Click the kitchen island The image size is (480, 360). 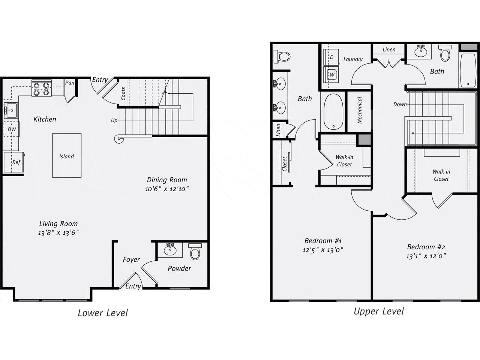click(67, 156)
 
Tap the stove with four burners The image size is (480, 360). click(41, 88)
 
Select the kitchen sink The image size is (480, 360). click(10, 110)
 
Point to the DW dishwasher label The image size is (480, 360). click(12, 129)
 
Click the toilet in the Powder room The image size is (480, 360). click(195, 252)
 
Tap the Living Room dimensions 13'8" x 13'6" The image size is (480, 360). click(59, 233)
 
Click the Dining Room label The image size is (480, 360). click(167, 180)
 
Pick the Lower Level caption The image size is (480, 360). click(103, 313)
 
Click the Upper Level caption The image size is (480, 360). click(379, 311)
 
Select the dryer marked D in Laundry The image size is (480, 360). click(331, 57)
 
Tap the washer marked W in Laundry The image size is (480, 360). click(331, 74)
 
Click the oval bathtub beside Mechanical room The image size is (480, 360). click(333, 111)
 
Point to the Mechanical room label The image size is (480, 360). click(360, 111)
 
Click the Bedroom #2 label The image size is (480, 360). click(426, 247)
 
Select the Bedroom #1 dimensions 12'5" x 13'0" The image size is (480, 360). click(323, 249)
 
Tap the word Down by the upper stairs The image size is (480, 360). click(400, 104)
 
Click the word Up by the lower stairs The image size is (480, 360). click(114, 120)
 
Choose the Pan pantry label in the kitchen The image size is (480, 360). click(70, 82)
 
